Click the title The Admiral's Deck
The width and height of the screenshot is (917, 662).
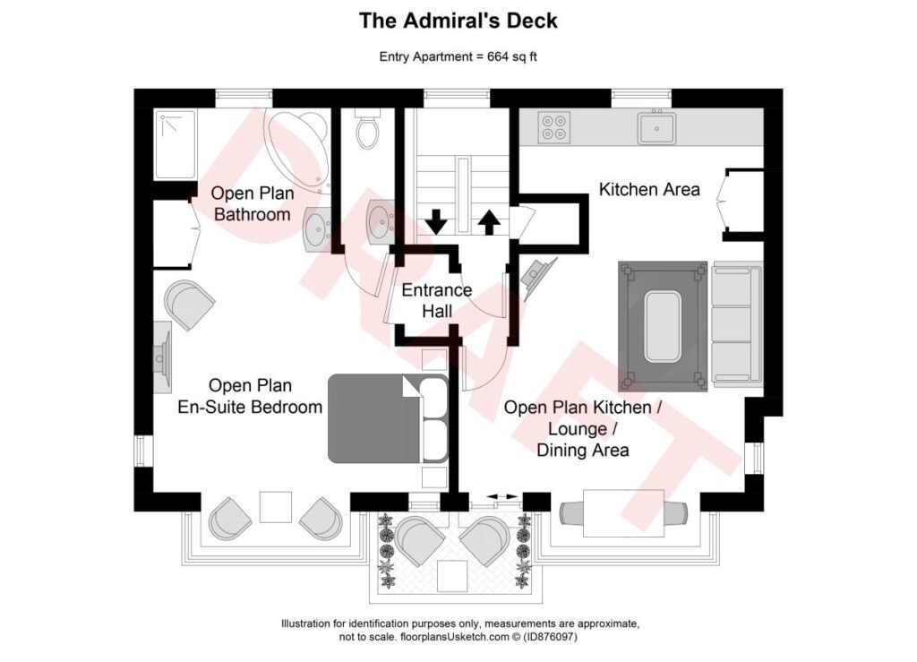coord(458,21)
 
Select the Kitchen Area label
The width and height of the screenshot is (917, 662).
coord(648,190)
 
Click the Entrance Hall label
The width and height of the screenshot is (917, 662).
coord(436,301)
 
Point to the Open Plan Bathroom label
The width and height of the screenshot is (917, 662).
coord(252,203)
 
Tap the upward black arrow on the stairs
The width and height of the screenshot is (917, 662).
coord(490,220)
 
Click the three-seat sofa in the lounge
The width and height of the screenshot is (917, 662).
coord(737,325)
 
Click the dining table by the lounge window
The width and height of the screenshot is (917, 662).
coord(623,513)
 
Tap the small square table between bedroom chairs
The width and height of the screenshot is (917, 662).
coord(275,507)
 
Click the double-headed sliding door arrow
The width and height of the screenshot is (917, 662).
coord(501,497)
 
